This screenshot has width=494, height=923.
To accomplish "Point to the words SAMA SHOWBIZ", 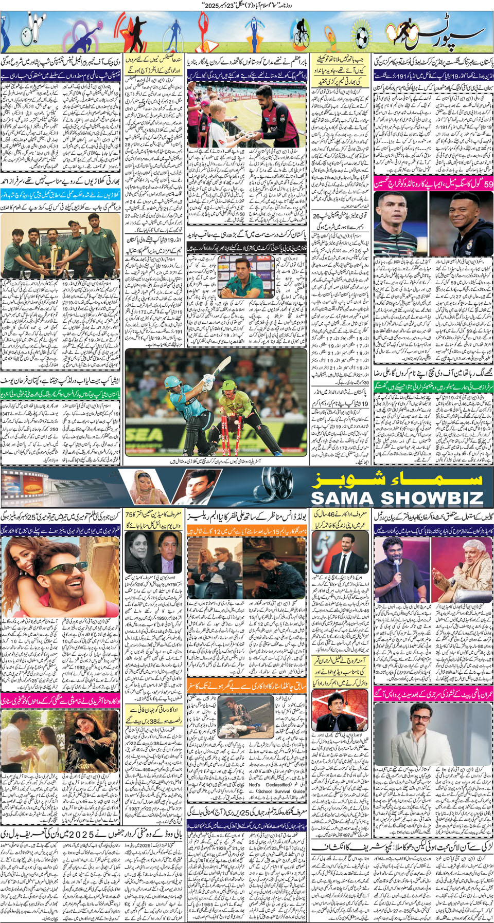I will tap(397, 498).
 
